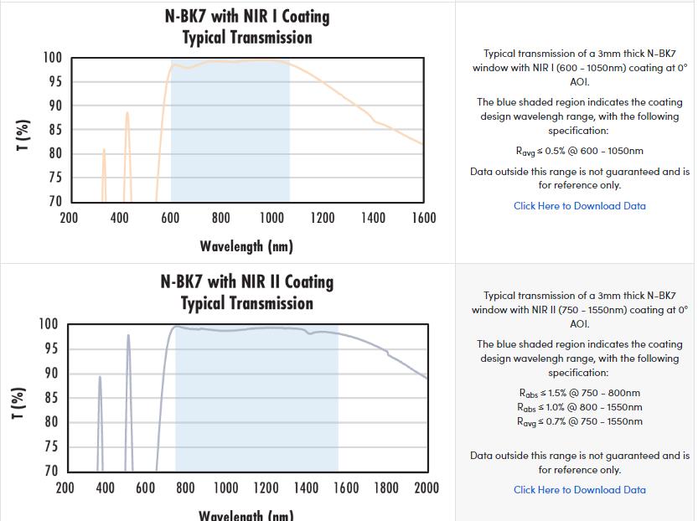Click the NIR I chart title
click(246, 27)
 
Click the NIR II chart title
click(246, 292)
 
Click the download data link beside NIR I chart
click(579, 206)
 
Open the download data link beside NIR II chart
click(579, 490)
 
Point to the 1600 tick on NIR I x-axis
click(423, 219)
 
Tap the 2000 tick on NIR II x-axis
click(426, 488)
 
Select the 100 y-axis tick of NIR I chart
click(53, 58)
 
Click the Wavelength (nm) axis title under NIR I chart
click(246, 246)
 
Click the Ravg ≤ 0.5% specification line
click(579, 152)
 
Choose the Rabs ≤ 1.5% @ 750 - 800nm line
click(579, 393)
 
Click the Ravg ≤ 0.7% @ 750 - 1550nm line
click(579, 421)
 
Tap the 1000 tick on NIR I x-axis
click(271, 219)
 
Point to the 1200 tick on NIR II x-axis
click(266, 488)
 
